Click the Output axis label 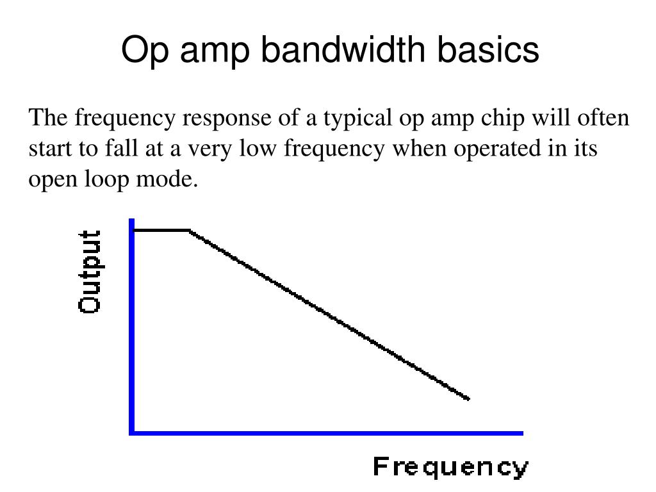(90, 272)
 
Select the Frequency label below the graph (451, 468)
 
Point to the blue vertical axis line (132, 327)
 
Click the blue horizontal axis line (327, 433)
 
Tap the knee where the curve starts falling (189, 230)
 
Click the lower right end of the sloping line (468, 398)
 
